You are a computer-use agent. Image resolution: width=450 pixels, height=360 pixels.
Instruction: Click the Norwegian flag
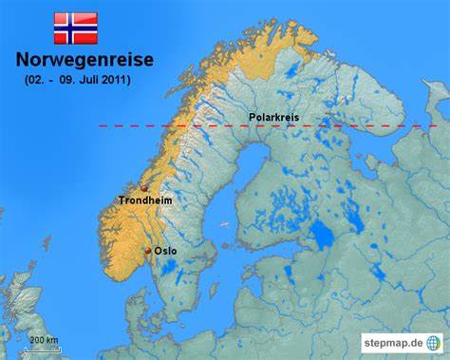[75, 28]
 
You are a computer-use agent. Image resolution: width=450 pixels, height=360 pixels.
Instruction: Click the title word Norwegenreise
[84, 60]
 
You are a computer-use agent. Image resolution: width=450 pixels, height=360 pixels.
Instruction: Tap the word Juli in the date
[90, 80]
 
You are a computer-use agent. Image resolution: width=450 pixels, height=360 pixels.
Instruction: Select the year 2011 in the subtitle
[116, 80]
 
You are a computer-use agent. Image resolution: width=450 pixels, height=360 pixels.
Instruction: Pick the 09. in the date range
[66, 80]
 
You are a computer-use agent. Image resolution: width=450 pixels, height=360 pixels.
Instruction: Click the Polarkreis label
[273, 118]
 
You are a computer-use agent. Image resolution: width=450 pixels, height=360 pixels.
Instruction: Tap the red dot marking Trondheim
[144, 189]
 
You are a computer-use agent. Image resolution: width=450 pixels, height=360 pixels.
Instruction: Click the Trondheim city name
[144, 200]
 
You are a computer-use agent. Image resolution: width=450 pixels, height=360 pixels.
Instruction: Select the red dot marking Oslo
[147, 251]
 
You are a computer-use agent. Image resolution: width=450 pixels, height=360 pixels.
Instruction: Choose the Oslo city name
[165, 252]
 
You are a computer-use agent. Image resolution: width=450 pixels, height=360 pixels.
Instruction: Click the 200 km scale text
[44, 340]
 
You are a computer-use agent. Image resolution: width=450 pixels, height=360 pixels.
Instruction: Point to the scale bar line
[44, 348]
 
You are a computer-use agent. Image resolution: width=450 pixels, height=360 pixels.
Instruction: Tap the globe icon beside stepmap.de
[434, 341]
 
